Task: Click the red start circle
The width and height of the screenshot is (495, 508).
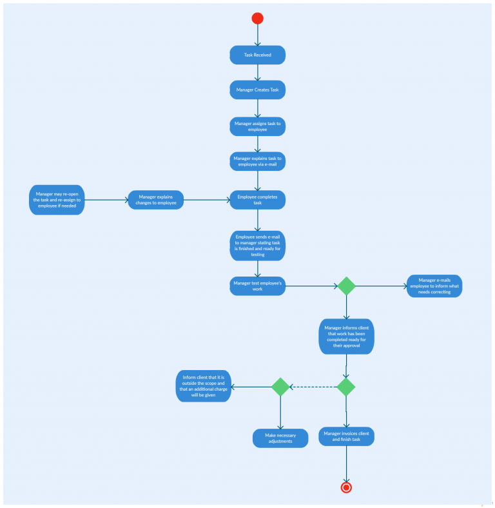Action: point(258,18)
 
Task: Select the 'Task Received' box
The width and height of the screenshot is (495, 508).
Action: point(258,55)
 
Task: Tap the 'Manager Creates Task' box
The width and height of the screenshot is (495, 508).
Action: point(258,90)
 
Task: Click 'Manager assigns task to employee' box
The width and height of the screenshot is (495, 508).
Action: point(258,126)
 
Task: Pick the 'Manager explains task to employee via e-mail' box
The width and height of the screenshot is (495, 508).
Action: point(258,161)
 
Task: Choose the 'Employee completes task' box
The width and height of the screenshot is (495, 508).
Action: point(258,200)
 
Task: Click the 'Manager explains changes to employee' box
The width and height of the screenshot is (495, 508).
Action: point(156,200)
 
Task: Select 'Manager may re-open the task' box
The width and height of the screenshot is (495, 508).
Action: point(57,200)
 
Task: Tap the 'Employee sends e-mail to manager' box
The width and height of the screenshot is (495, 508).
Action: point(258,246)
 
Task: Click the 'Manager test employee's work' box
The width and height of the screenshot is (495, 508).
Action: point(258,286)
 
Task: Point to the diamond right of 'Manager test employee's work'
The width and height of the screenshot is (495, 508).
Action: point(347,286)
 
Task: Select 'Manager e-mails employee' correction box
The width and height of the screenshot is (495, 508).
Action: point(434,286)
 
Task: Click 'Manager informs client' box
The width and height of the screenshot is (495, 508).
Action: point(347,336)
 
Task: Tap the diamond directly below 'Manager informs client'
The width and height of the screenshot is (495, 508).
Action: point(346,387)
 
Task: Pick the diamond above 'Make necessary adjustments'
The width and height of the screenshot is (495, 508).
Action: point(280,387)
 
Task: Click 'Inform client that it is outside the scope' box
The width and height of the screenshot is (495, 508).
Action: point(204,386)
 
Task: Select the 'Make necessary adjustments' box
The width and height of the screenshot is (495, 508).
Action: point(280,438)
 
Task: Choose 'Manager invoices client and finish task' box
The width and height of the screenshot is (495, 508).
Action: point(347,436)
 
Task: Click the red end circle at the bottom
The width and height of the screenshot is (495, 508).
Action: point(346,487)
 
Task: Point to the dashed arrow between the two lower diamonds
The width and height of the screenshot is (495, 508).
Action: point(313,387)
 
